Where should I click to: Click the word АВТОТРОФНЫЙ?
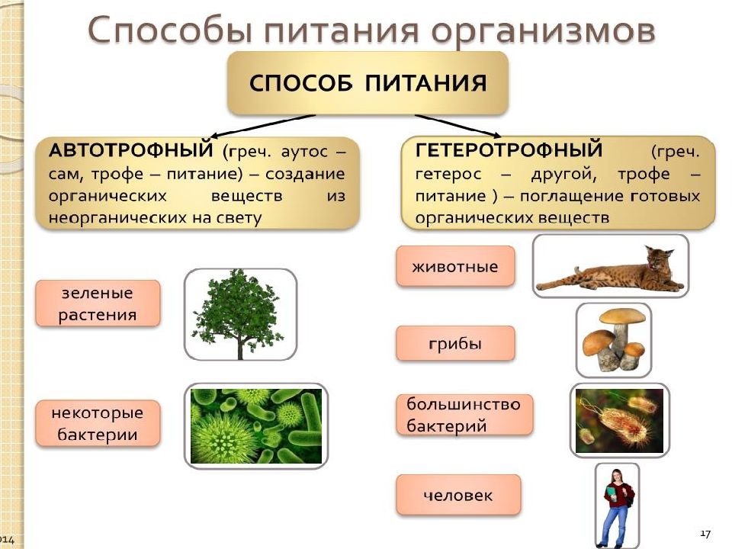(130, 150)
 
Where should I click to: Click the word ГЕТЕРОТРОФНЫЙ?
(509, 150)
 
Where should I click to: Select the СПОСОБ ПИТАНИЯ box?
(368, 83)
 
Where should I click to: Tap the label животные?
(455, 267)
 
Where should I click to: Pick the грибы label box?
(455, 344)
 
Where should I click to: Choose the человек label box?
(458, 495)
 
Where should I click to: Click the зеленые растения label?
(98, 303)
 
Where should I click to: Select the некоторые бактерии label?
(98, 423)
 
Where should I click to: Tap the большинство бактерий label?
(464, 415)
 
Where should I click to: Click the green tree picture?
(240, 313)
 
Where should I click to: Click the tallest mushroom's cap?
(622, 316)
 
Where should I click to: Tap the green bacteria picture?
(256, 425)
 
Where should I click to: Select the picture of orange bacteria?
(619, 421)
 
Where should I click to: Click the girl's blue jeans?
(616, 524)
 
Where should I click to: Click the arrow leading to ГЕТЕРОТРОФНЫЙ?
(458, 126)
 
